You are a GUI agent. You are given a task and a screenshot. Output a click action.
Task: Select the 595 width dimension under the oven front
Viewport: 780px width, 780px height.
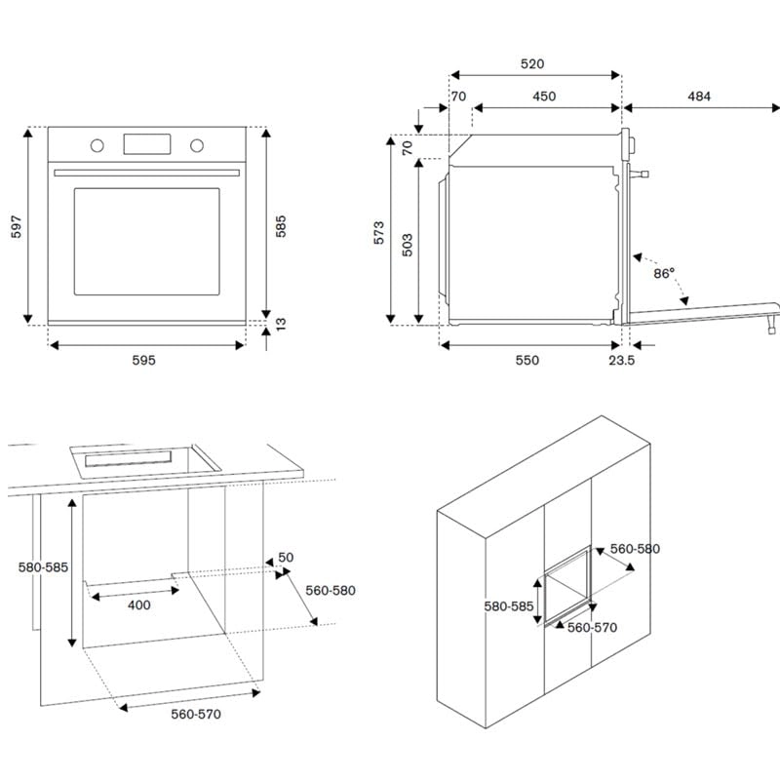coord(143,361)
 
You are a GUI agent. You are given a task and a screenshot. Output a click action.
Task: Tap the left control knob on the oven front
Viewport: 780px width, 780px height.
coord(97,146)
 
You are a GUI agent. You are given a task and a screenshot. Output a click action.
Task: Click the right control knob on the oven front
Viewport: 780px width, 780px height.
coord(197,146)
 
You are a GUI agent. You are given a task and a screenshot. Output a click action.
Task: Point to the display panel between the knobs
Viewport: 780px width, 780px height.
coord(146,143)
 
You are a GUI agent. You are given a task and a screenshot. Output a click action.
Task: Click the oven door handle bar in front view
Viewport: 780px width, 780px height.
coord(146,173)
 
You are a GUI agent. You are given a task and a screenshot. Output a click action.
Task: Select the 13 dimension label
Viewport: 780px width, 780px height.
coord(281,323)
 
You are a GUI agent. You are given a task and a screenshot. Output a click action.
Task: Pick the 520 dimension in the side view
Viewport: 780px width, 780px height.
coord(531,64)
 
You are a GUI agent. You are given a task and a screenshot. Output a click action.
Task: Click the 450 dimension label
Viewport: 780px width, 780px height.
coord(544,97)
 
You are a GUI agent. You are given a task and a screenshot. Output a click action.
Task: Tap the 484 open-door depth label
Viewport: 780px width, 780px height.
coord(698,97)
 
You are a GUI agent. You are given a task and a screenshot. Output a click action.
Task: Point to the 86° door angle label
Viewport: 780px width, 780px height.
coord(664,274)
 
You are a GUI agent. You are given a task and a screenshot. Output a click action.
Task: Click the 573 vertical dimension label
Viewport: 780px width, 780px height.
coord(379,232)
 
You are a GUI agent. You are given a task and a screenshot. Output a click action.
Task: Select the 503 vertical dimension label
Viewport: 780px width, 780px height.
coord(408,244)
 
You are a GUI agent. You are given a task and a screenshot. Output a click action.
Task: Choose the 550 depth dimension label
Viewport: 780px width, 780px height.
coord(526,361)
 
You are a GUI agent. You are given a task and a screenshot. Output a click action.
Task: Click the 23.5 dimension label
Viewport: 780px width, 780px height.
coord(621,361)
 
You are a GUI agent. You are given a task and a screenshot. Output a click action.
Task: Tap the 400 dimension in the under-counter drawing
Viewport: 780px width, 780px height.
coord(138,605)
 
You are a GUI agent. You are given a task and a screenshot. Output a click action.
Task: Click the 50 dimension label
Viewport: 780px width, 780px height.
coord(286,558)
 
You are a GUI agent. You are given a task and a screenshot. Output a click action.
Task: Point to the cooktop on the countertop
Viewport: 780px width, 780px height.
coord(141,457)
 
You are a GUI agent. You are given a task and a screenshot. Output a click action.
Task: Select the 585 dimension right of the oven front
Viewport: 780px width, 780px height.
coord(281,226)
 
